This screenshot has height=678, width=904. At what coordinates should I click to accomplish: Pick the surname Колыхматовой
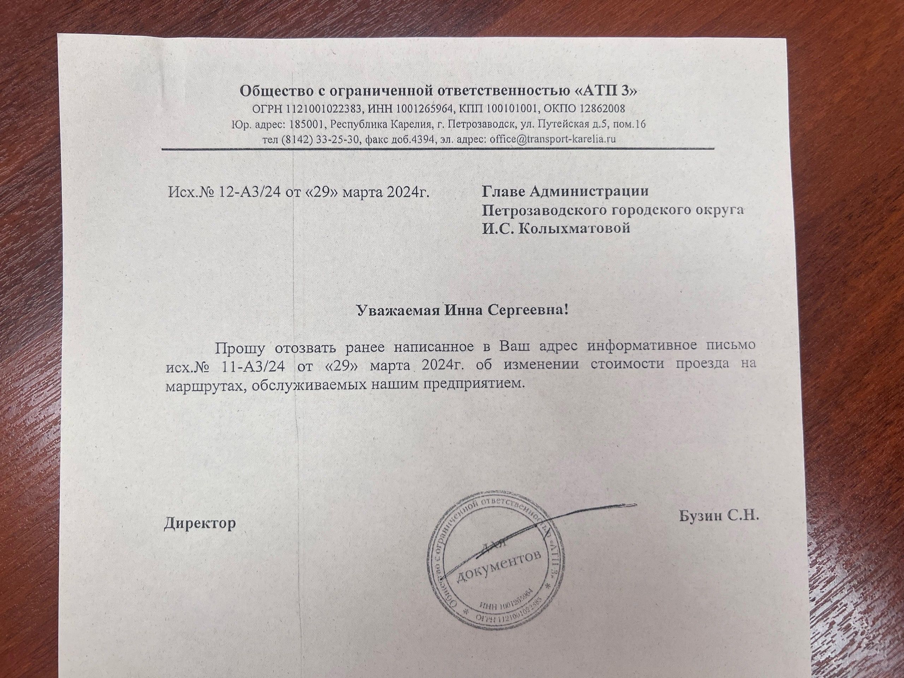click(574, 228)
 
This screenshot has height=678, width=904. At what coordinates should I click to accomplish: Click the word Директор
click(200, 523)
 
